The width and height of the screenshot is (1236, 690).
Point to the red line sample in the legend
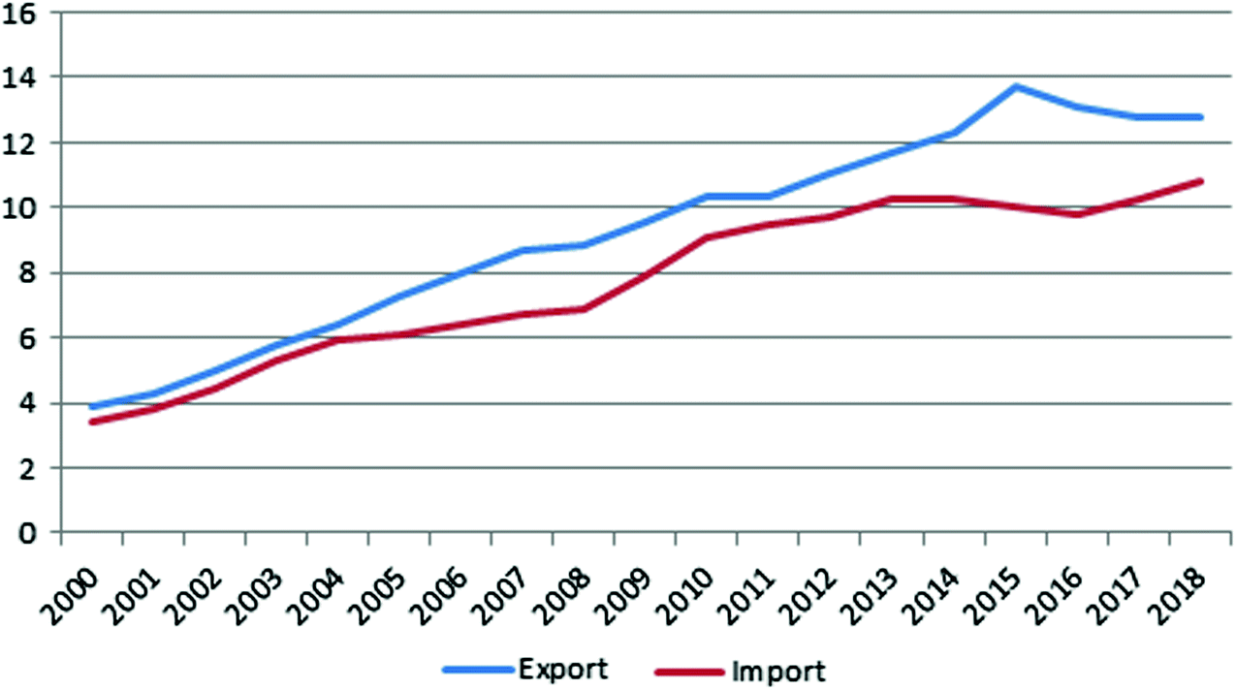[690, 670]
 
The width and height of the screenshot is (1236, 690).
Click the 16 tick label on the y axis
[21, 13]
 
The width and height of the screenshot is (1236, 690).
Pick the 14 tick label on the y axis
[21, 77]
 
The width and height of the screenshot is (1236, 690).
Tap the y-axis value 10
[21, 207]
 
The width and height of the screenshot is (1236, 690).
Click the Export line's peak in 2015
[1015, 86]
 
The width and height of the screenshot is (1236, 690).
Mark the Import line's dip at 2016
[1076, 214]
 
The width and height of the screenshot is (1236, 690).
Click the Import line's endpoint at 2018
[1201, 181]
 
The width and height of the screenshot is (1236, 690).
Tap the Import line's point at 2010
[707, 237]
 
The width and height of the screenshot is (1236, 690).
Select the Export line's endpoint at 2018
[1201, 117]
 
